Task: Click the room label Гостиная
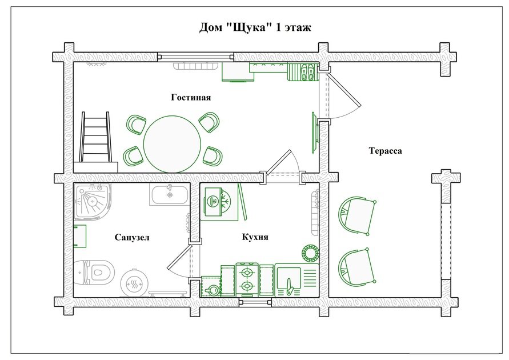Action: point(191,97)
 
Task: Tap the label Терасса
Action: point(386,151)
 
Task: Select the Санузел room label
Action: point(132,238)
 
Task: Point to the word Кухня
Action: point(255,237)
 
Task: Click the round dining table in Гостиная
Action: point(173,144)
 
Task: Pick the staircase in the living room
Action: point(95,142)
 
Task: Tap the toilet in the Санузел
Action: point(94,271)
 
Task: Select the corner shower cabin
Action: point(92,202)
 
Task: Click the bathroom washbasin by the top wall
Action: point(169,194)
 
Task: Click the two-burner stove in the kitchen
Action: point(247,280)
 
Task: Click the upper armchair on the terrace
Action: point(356,215)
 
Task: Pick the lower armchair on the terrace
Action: point(356,268)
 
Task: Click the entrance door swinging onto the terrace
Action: point(344,90)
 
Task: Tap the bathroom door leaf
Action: point(178,257)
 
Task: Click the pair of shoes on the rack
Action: point(307,71)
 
